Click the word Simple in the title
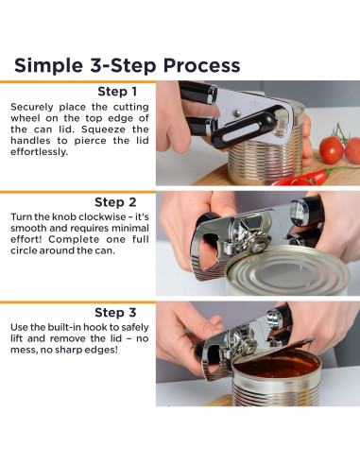point(49,65)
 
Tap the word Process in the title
point(201,65)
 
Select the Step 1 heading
point(117,92)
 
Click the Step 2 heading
point(115,202)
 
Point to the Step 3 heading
point(115,313)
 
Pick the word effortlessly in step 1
point(39,152)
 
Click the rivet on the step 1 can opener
point(236,113)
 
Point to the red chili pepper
point(302,179)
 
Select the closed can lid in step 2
point(287,269)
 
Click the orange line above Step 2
point(77,192)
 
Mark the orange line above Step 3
point(77,302)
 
